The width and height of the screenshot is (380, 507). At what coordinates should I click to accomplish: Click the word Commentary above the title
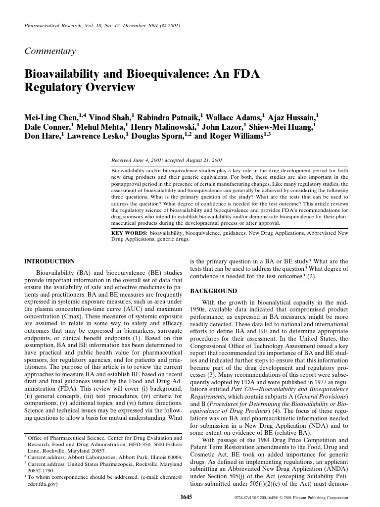(50, 51)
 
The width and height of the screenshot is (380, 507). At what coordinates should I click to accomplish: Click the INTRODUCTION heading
(49, 261)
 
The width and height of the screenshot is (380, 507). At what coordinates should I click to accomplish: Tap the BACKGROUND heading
(213, 291)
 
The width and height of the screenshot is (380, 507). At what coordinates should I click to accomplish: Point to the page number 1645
(186, 497)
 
